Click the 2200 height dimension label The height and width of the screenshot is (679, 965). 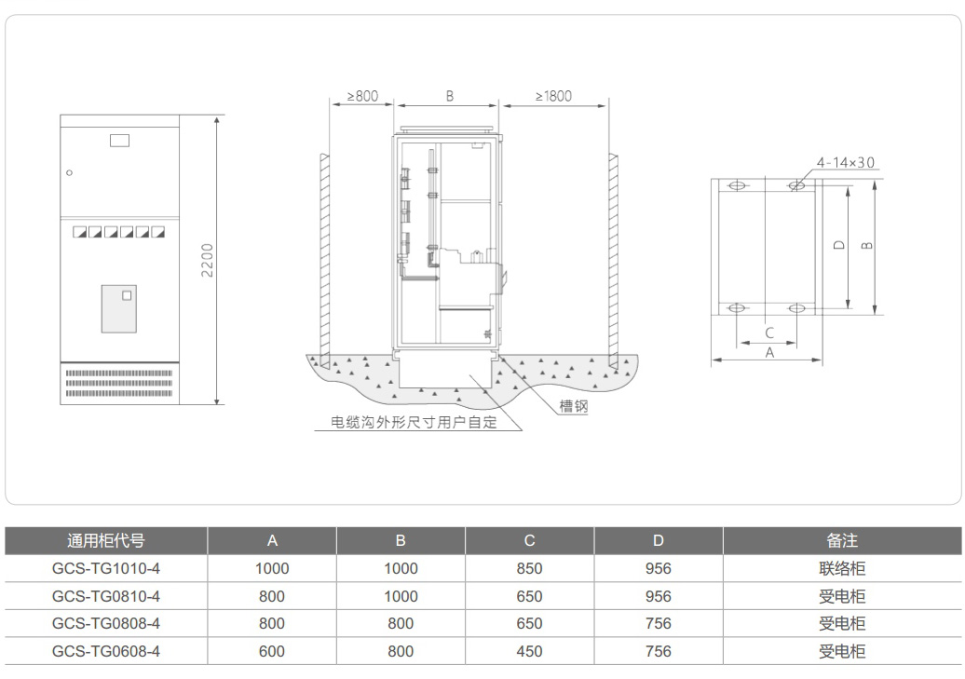[x=208, y=260]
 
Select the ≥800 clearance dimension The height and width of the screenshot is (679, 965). [x=362, y=96]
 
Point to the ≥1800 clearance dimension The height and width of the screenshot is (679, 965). [x=553, y=96]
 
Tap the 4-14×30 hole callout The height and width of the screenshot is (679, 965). [x=846, y=163]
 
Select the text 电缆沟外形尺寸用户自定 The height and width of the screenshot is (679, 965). [x=415, y=422]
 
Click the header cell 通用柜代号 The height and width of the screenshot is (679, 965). [x=106, y=540]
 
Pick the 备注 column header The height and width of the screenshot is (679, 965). [x=842, y=540]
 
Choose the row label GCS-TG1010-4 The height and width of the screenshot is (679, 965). [x=106, y=568]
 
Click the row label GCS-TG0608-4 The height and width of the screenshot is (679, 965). [x=106, y=651]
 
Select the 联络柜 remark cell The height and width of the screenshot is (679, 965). [x=842, y=568]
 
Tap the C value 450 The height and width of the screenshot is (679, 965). [x=529, y=651]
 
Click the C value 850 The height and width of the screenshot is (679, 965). [x=529, y=568]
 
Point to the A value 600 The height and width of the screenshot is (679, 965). [x=272, y=651]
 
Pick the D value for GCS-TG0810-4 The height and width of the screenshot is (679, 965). [x=658, y=596]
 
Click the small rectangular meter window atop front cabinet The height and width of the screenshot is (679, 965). [x=119, y=141]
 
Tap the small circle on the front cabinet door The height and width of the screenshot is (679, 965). [x=69, y=172]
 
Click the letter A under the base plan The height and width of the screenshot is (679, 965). [x=769, y=353]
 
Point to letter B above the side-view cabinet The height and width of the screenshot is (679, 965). [x=449, y=96]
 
